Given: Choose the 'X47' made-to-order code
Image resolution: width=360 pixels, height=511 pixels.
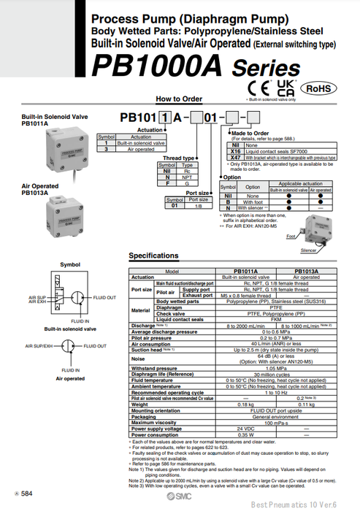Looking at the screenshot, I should tap(235, 157).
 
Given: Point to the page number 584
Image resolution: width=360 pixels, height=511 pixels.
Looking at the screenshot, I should tap(26, 495).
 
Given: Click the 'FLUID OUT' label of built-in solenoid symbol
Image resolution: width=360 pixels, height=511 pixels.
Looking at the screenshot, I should tap(105, 297).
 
